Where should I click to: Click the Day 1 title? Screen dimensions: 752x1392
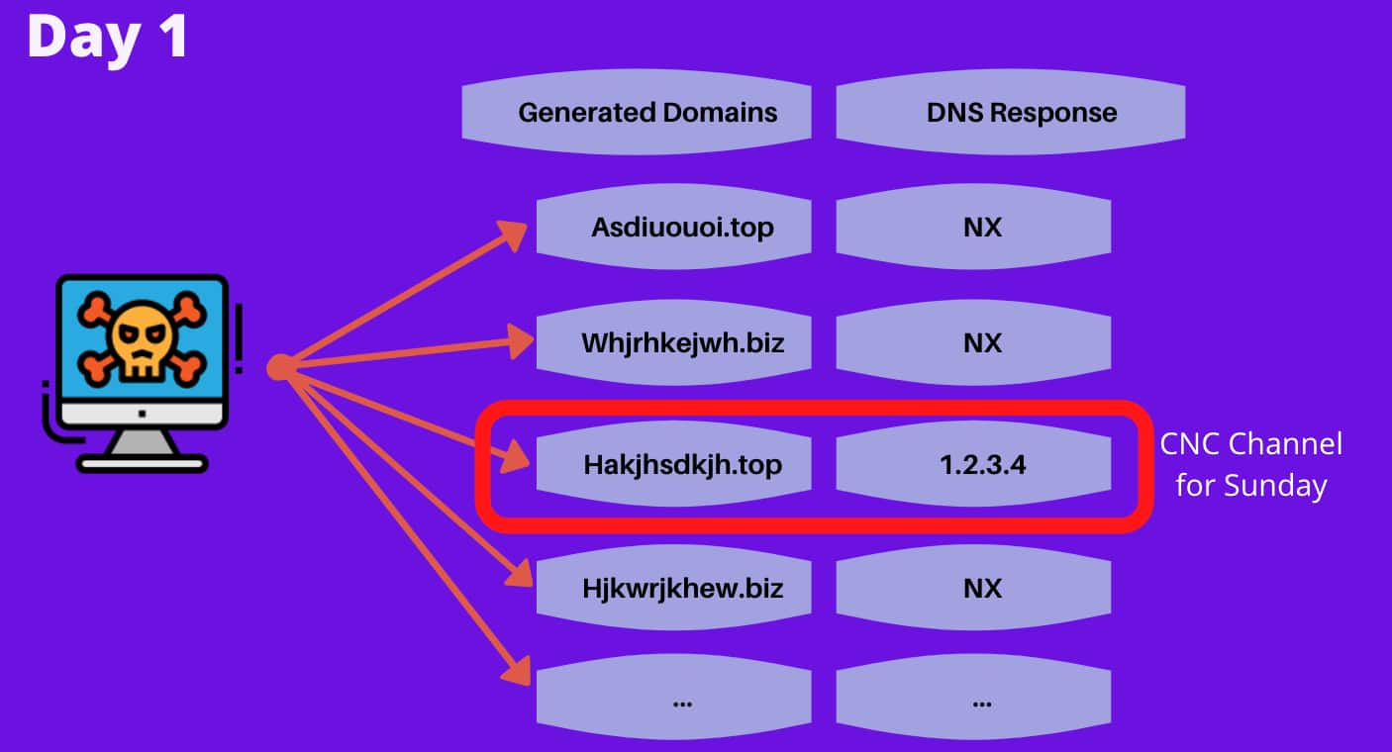click(x=107, y=38)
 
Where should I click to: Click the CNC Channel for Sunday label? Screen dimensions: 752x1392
click(x=1250, y=464)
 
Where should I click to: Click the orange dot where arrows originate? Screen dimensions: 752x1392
click(x=279, y=367)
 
